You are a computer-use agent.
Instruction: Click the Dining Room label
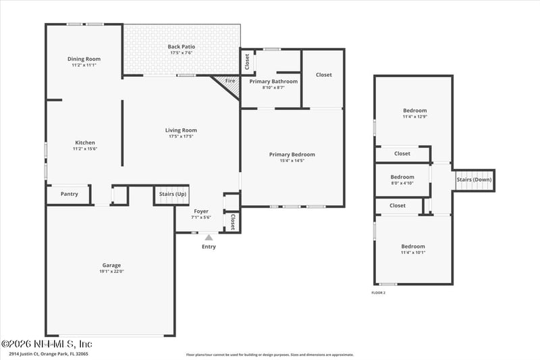[84, 59]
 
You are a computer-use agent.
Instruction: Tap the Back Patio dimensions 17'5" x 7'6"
[181, 53]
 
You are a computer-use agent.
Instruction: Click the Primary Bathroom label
[273, 81]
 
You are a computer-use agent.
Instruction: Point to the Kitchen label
[85, 143]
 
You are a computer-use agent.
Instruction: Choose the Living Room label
[181, 130]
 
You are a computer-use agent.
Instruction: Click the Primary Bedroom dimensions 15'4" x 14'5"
[292, 161]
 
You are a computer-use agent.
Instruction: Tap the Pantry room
[69, 195]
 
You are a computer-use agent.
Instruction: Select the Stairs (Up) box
[171, 195]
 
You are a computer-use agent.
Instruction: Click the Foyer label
[201, 211]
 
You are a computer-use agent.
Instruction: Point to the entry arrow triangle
[209, 237]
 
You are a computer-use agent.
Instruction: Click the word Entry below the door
[209, 247]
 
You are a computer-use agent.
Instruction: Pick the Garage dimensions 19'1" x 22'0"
[112, 272]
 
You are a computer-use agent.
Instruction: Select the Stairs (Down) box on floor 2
[474, 180]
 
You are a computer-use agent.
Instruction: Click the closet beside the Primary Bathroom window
[247, 61]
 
